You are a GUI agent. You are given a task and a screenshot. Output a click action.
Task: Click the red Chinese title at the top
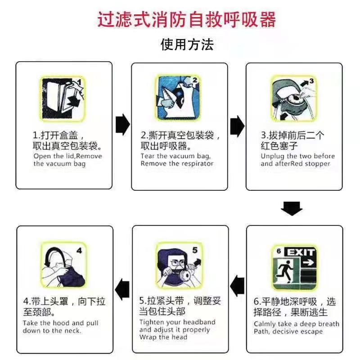click(x=186, y=19)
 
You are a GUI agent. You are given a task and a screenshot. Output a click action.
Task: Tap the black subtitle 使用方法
click(x=187, y=44)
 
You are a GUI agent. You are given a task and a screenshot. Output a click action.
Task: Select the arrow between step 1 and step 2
click(x=122, y=125)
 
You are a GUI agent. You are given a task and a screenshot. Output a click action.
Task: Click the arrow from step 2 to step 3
click(x=237, y=126)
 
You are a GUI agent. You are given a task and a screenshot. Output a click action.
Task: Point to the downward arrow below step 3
click(x=292, y=208)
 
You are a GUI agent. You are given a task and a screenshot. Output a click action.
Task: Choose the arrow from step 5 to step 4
click(x=122, y=289)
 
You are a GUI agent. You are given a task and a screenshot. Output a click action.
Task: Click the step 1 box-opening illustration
click(x=62, y=99)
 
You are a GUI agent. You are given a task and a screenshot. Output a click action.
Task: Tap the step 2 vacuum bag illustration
click(x=178, y=98)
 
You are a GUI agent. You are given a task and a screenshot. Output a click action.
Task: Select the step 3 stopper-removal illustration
click(x=294, y=99)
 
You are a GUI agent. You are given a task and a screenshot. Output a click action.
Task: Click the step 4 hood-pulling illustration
click(x=63, y=265)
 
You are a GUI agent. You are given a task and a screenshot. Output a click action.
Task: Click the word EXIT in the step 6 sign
click(x=301, y=252)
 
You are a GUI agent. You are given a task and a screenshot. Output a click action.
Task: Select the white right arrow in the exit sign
click(x=308, y=262)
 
